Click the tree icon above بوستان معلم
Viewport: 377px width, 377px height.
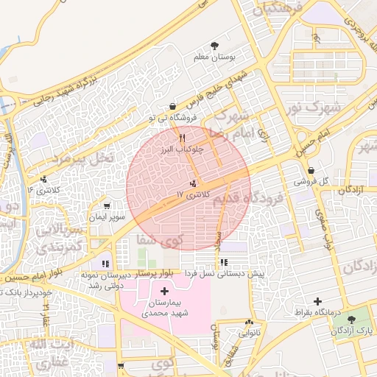(214, 46)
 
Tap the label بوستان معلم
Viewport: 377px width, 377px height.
(214, 57)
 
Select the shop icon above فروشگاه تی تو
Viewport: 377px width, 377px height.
(172, 106)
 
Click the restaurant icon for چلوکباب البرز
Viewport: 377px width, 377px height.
(182, 137)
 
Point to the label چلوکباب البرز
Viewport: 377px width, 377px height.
(182, 148)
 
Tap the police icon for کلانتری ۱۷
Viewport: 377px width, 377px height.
(194, 183)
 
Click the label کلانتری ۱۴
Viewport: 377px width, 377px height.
(41, 190)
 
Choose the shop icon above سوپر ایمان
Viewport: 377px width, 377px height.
(108, 206)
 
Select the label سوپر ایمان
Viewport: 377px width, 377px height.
(108, 217)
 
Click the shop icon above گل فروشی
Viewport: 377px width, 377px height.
(311, 170)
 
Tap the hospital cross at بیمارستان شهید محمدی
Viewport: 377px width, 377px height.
(163, 292)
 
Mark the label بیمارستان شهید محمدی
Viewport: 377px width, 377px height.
(163, 308)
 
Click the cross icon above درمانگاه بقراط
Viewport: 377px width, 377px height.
(317, 301)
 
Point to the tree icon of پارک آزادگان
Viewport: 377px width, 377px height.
(350, 320)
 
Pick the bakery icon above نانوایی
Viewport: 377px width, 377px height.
(249, 322)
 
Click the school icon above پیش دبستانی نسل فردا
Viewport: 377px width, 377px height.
(223, 262)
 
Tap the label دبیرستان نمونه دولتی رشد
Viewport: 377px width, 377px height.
(103, 278)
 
